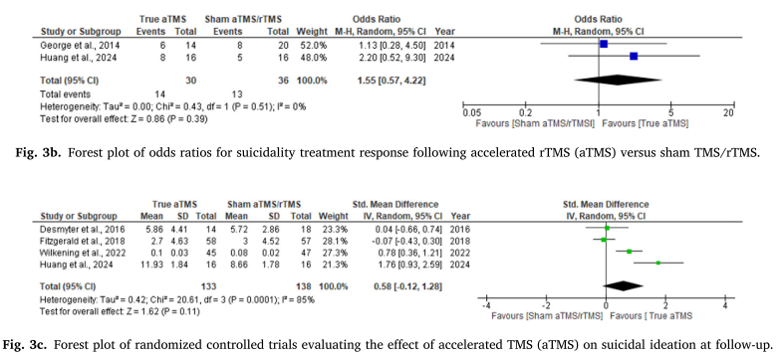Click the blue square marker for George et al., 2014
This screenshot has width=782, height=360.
tap(604, 45)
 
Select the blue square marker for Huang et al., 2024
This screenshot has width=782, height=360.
tap(634, 57)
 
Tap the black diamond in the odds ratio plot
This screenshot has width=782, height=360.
tap(618, 81)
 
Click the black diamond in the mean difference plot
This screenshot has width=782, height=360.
tap(623, 285)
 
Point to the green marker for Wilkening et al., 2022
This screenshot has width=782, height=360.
tap(629, 252)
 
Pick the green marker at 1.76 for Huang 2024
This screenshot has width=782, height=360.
tap(658, 263)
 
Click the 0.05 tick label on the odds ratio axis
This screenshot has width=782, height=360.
tap(470, 113)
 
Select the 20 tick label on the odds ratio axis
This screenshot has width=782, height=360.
tap(728, 113)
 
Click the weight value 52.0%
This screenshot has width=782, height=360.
tap(316, 46)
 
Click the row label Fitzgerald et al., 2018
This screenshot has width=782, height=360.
tap(82, 240)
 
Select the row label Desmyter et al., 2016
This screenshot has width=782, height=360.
tap(83, 228)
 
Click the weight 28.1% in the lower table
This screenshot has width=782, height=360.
tap(336, 240)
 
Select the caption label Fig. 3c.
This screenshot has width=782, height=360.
tap(21, 343)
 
